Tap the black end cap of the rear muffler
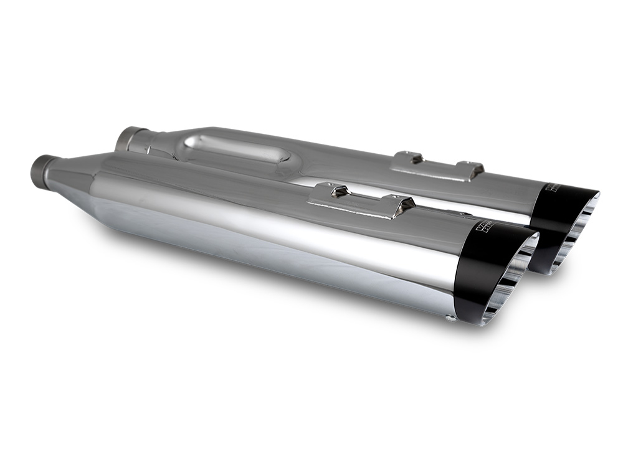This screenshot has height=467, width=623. [552, 212]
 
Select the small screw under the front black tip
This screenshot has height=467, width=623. [449, 319]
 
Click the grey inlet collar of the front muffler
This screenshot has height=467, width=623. [42, 167]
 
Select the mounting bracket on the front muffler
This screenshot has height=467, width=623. [361, 200]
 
